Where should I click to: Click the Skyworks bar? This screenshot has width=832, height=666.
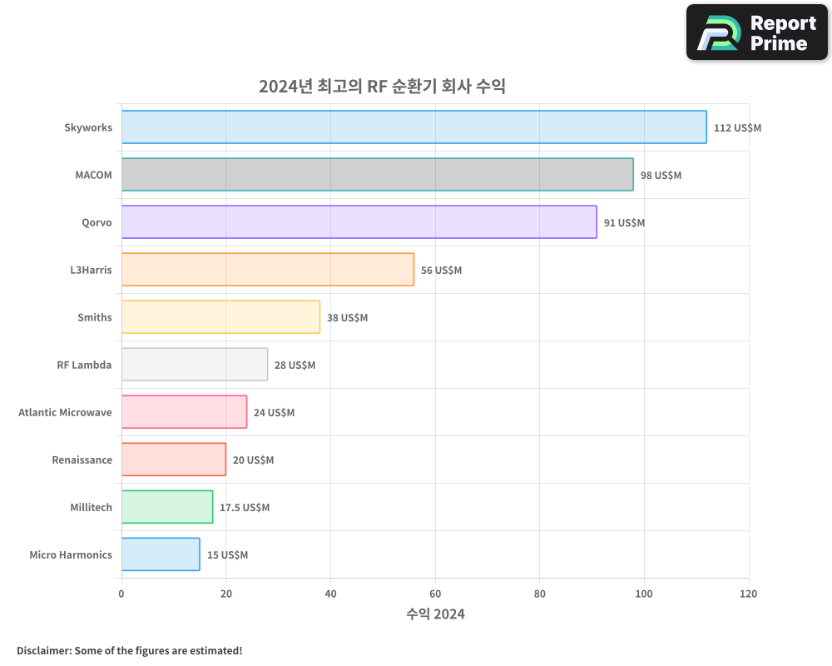tap(414, 127)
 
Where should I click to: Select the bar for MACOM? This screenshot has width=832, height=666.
tap(377, 175)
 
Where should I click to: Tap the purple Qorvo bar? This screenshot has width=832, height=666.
tap(359, 222)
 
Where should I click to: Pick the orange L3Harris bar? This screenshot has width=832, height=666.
tap(267, 270)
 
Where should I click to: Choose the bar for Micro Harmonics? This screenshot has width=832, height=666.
tap(161, 554)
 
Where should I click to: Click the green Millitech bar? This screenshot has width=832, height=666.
tap(166, 507)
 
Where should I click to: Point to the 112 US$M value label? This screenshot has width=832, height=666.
tap(737, 128)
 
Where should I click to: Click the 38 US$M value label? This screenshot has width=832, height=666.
tap(347, 318)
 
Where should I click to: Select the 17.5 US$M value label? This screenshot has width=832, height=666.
tap(245, 508)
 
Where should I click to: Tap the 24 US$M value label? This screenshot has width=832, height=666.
tap(274, 413)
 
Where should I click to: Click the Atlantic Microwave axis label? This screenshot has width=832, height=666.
tap(65, 413)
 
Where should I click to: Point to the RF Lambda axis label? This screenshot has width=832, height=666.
tap(84, 365)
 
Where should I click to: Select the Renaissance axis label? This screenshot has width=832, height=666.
tap(82, 460)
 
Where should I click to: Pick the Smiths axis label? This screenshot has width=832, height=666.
tap(94, 318)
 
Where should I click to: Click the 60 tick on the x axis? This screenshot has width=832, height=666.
tap(435, 594)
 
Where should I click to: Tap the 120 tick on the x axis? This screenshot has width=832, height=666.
tap(748, 594)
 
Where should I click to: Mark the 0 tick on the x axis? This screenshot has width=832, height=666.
tap(121, 594)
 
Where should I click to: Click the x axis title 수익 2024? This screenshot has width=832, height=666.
tap(435, 614)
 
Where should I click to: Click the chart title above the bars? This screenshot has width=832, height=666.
tap(382, 87)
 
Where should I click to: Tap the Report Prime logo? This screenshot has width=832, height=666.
tap(756, 32)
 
